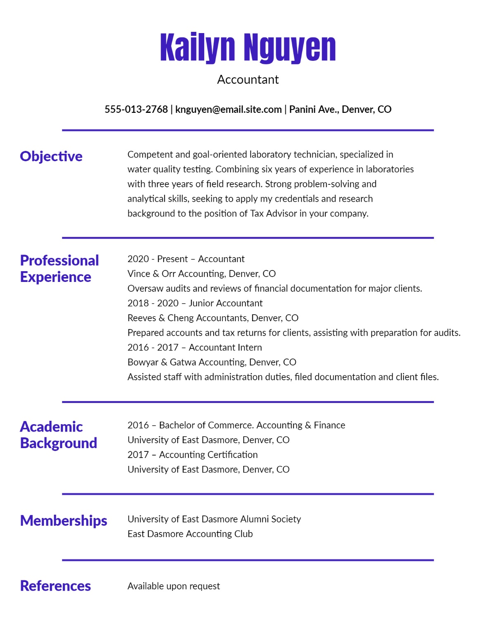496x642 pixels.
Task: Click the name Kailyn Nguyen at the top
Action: coord(248,48)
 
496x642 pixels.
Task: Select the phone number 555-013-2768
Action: coord(136,110)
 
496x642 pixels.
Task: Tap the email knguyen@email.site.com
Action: coord(228,110)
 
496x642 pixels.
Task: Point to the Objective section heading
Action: coord(51,156)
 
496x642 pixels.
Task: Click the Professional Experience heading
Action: coord(59,269)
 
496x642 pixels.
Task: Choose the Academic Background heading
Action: coord(58,435)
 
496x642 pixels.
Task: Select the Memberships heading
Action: coord(64,521)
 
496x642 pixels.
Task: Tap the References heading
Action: coord(55,586)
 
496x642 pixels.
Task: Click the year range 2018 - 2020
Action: coord(153,303)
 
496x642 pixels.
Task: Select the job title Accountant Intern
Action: coord(225,348)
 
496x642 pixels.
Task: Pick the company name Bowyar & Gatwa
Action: coord(162,363)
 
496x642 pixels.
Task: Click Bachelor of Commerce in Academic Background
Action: coord(206,425)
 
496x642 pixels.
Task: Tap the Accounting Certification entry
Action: coord(208,455)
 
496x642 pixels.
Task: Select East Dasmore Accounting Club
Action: coord(190,534)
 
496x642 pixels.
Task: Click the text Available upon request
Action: coord(174,586)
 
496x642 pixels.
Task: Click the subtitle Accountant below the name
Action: coord(248,79)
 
